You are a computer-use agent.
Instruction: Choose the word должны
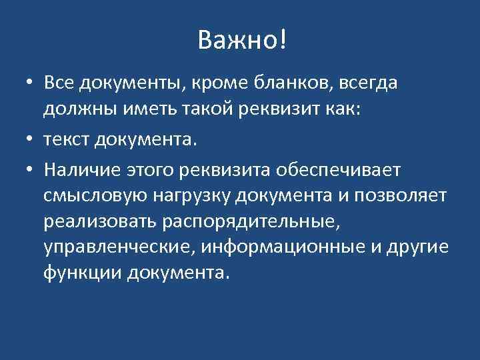(75, 109)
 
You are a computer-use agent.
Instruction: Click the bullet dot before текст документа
(31, 141)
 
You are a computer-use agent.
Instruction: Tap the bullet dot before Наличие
(31, 171)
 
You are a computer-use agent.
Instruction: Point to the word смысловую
(96, 197)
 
